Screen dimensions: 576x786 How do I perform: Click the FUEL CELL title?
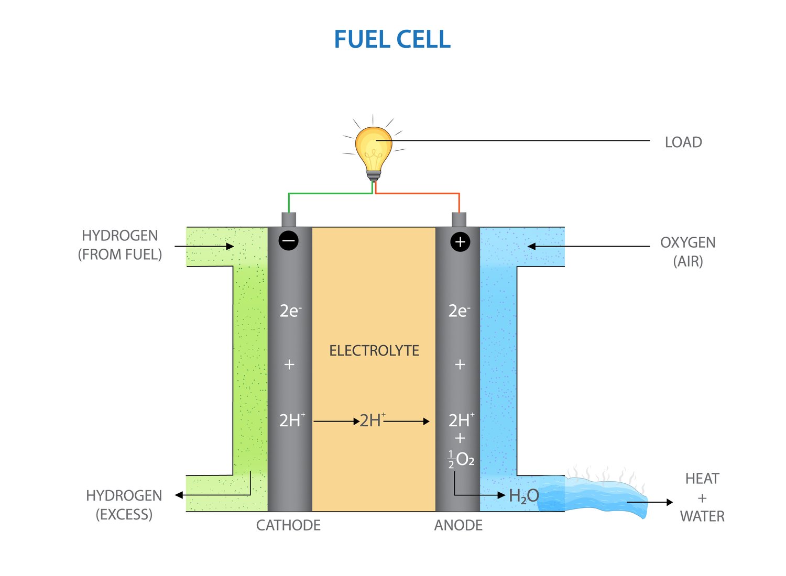392,40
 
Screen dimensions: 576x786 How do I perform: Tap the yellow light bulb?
373,147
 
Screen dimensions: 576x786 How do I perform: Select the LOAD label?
683,142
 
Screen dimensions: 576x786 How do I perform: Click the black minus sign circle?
288,241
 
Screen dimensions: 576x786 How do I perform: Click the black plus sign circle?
460,242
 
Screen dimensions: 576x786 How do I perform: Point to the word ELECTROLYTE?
374,351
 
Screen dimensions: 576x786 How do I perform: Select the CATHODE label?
288,525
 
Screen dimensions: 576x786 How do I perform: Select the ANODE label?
458,525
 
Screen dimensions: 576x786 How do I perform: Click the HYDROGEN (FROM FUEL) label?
120,245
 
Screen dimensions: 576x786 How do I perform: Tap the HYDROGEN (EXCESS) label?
124,505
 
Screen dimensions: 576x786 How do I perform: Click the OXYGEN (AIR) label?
687,252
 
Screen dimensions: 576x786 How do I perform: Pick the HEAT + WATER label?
702,497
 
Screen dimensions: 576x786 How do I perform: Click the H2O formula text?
523,496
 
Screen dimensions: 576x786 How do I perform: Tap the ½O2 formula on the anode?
461,459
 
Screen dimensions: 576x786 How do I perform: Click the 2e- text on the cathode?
290,311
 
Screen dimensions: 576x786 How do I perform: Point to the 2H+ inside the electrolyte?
372,420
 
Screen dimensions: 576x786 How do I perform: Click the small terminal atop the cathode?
289,219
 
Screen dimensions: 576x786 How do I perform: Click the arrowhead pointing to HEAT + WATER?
669,502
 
